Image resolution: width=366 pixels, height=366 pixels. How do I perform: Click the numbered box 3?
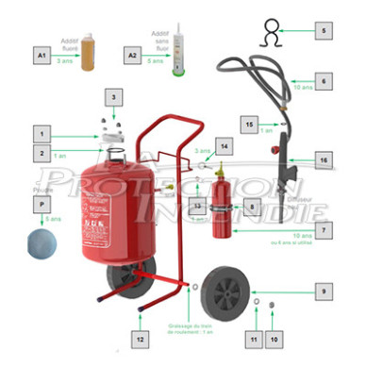113,97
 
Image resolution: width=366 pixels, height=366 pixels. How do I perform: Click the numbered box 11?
253,337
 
